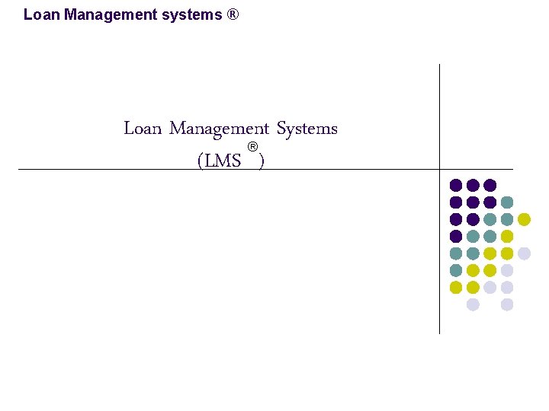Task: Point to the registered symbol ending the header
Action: [233, 14]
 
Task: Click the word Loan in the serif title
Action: [143, 129]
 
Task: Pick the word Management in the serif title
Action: [219, 129]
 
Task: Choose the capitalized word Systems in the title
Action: [307, 129]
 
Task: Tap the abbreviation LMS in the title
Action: [223, 161]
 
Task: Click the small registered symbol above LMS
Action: [252, 146]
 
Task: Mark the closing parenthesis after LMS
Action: [262, 161]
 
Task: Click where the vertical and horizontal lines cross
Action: [439, 169]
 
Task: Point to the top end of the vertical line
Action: [439, 65]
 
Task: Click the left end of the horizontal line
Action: [20, 169]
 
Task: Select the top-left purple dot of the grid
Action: [456, 185]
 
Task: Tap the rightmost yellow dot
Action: [524, 219]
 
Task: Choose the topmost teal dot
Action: [507, 202]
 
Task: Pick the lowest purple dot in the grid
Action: [456, 236]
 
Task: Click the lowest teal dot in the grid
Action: [456, 270]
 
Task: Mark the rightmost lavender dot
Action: [524, 253]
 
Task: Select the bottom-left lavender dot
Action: [473, 304]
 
